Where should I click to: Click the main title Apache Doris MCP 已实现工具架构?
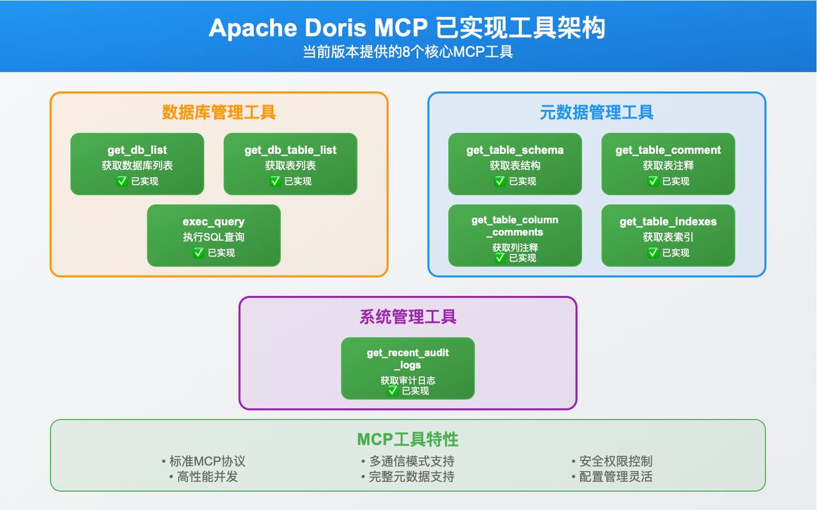click(x=407, y=29)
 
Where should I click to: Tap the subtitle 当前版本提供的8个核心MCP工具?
click(x=407, y=52)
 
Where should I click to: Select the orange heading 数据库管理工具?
click(x=219, y=112)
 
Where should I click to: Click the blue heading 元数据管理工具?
click(x=597, y=112)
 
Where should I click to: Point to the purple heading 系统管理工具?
click(x=408, y=317)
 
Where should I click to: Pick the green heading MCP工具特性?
click(x=408, y=440)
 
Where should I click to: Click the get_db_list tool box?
click(x=137, y=164)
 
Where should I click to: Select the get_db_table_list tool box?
click(x=290, y=164)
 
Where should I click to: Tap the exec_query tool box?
click(x=214, y=236)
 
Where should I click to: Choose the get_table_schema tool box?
click(x=515, y=164)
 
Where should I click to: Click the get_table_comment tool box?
click(x=668, y=164)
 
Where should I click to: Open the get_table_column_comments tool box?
click(x=515, y=236)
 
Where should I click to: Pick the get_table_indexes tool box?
click(x=668, y=236)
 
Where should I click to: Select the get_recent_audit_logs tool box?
click(x=408, y=369)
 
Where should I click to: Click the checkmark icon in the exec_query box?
click(x=199, y=253)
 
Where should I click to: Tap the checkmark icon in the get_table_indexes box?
click(x=654, y=253)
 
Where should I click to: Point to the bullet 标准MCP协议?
click(x=204, y=461)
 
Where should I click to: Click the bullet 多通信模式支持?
click(x=408, y=461)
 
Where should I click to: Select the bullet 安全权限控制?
click(x=612, y=461)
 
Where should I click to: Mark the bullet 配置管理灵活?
click(x=612, y=477)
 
